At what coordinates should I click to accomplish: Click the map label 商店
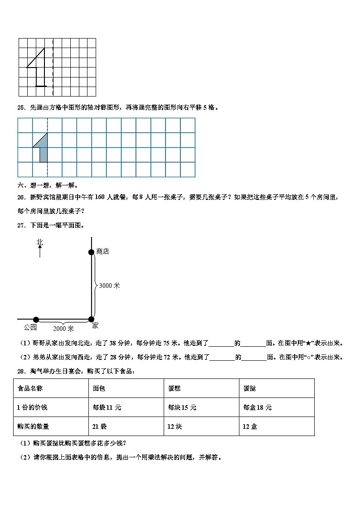103,252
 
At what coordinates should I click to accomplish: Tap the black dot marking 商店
91,252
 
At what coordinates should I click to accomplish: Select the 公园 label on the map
30,327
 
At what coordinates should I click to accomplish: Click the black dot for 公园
36,320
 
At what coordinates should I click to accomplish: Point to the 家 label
95,326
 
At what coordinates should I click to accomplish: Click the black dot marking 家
91,319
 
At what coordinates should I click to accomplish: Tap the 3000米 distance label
109,286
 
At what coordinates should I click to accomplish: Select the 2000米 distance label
63,328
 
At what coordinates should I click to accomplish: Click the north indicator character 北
40,242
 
